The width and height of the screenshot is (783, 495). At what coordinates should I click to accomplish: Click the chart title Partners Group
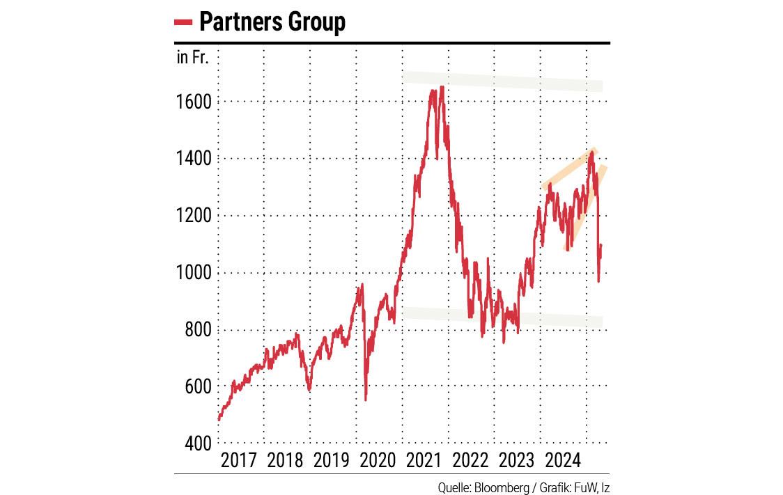click(272, 22)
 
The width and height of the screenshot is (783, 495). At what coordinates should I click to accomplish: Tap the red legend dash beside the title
click(183, 23)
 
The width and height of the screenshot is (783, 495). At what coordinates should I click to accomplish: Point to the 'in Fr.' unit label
click(192, 58)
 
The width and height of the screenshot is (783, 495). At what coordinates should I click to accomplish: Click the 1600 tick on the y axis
click(194, 102)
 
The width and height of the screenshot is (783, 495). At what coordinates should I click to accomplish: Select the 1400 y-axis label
click(194, 159)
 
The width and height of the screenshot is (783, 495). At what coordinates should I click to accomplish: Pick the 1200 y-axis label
click(194, 216)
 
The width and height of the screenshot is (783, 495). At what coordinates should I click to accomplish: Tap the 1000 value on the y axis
click(194, 273)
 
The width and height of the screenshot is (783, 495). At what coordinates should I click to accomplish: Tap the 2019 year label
click(332, 460)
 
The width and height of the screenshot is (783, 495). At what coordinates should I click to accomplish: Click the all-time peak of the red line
click(442, 87)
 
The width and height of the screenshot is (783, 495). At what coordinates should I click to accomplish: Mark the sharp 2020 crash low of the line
click(366, 400)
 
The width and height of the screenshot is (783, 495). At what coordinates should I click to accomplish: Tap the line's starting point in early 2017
click(219, 420)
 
